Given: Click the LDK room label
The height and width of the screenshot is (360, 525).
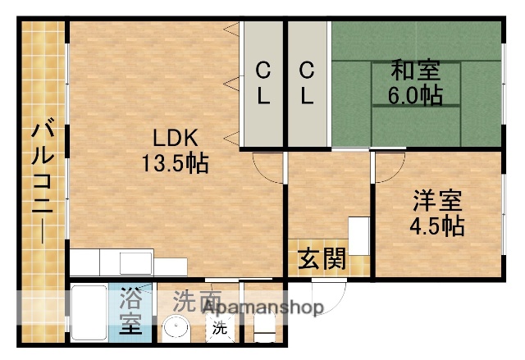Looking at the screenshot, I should pyautogui.click(x=174, y=136).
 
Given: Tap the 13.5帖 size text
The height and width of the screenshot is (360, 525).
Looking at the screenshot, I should pyautogui.click(x=174, y=162).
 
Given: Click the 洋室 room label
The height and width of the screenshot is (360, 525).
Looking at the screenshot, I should pyautogui.click(x=436, y=199).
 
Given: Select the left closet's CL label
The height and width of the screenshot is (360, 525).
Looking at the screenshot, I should pyautogui.click(x=262, y=82).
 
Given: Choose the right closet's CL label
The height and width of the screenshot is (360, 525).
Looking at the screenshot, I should pyautogui.click(x=307, y=82).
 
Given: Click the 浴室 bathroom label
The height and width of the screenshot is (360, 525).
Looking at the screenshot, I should pyautogui.click(x=131, y=312).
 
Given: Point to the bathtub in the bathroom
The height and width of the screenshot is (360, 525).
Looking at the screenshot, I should pyautogui.click(x=88, y=312).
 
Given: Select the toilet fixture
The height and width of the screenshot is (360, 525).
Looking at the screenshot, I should pyautogui.click(x=263, y=323).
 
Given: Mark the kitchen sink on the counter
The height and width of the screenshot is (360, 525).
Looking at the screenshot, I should pyautogui.click(x=136, y=263).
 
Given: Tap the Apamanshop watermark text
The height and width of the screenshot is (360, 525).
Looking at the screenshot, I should pyautogui.click(x=262, y=308).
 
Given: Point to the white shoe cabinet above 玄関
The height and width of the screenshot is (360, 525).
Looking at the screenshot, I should pyautogui.click(x=359, y=236).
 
